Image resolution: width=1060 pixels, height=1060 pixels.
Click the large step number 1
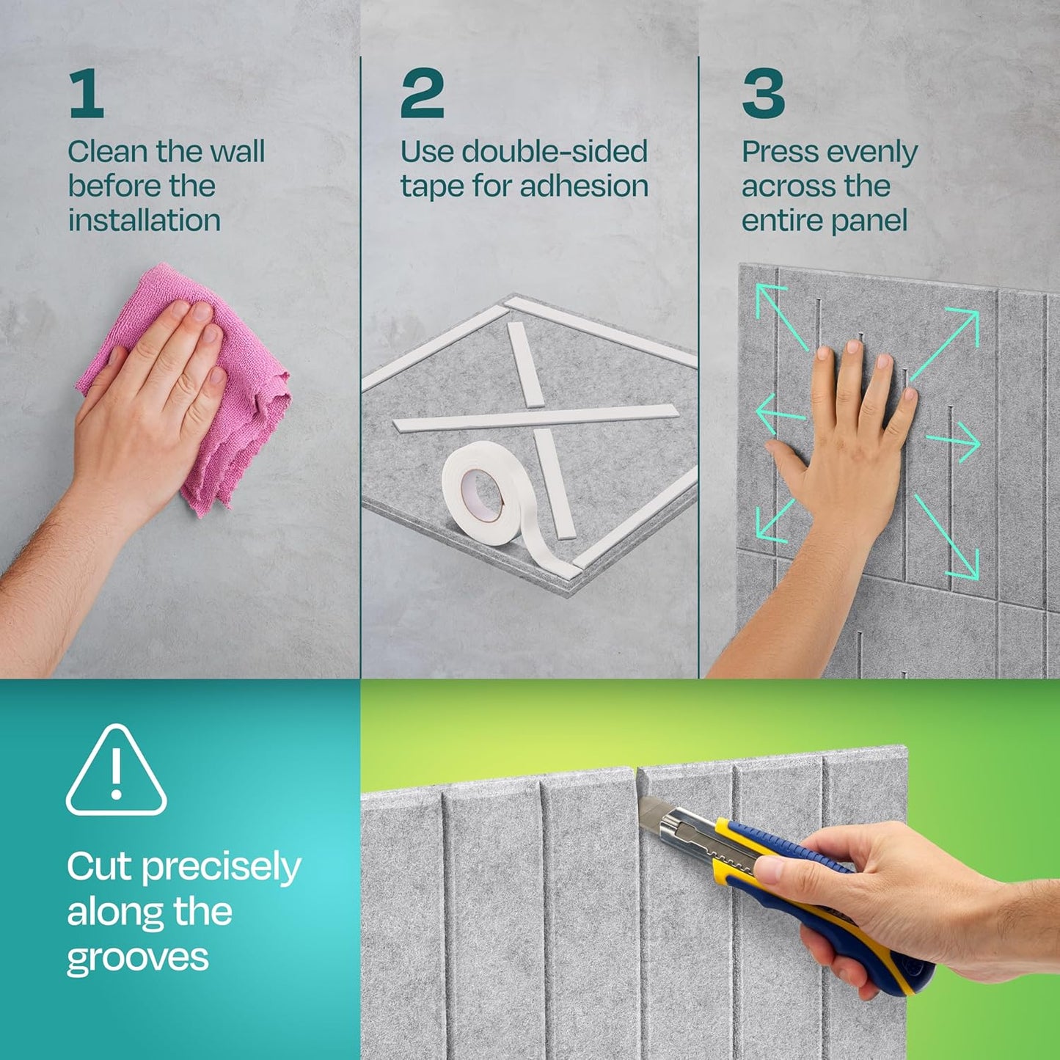[x=87, y=93]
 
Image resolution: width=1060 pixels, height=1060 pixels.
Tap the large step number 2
[x=422, y=93]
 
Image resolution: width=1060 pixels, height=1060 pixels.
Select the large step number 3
[x=763, y=93]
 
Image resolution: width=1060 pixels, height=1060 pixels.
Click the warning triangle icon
[x=116, y=771]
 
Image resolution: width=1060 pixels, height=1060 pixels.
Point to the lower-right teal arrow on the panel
[x=947, y=536]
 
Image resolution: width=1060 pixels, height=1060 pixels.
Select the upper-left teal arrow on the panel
[x=782, y=318]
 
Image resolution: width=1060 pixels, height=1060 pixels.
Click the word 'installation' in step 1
[x=145, y=220]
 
